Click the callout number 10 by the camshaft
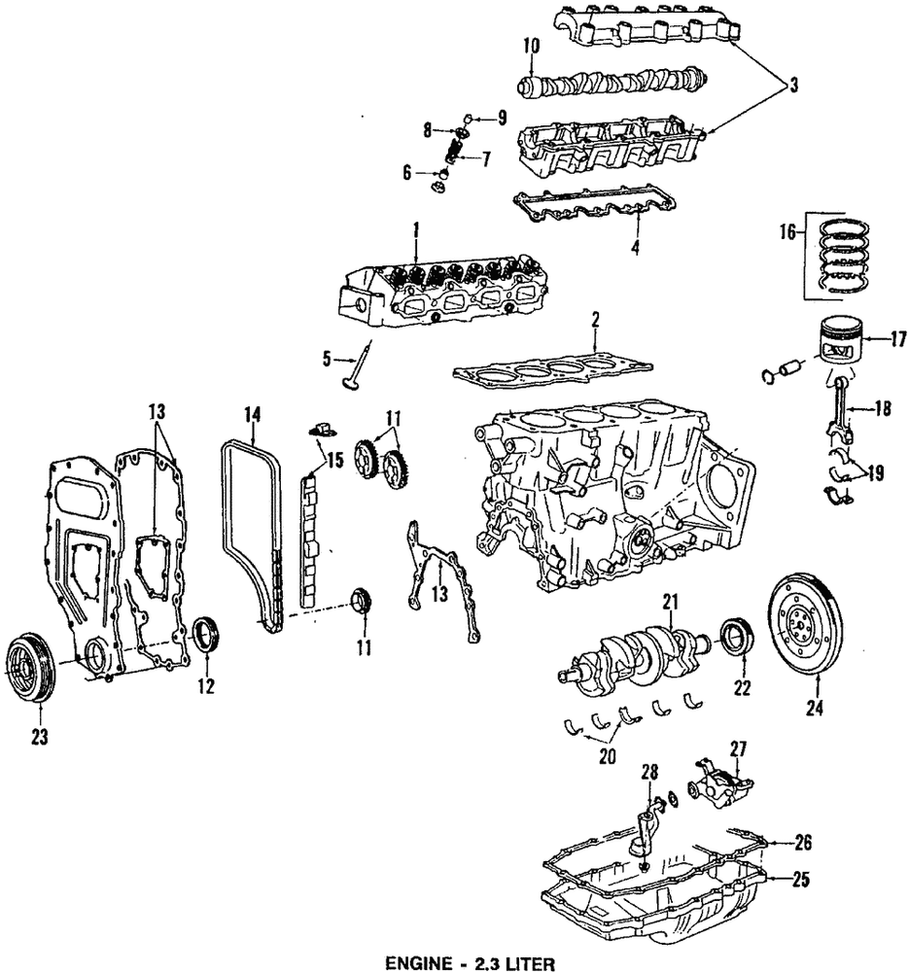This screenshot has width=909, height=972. [x=531, y=45]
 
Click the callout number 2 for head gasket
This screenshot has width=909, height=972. [x=594, y=319]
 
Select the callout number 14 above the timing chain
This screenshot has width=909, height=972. [x=252, y=414]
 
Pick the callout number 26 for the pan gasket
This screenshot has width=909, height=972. [x=802, y=842]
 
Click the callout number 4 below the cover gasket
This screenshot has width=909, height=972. [x=634, y=248]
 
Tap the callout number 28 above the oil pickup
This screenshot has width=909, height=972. [x=648, y=772]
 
